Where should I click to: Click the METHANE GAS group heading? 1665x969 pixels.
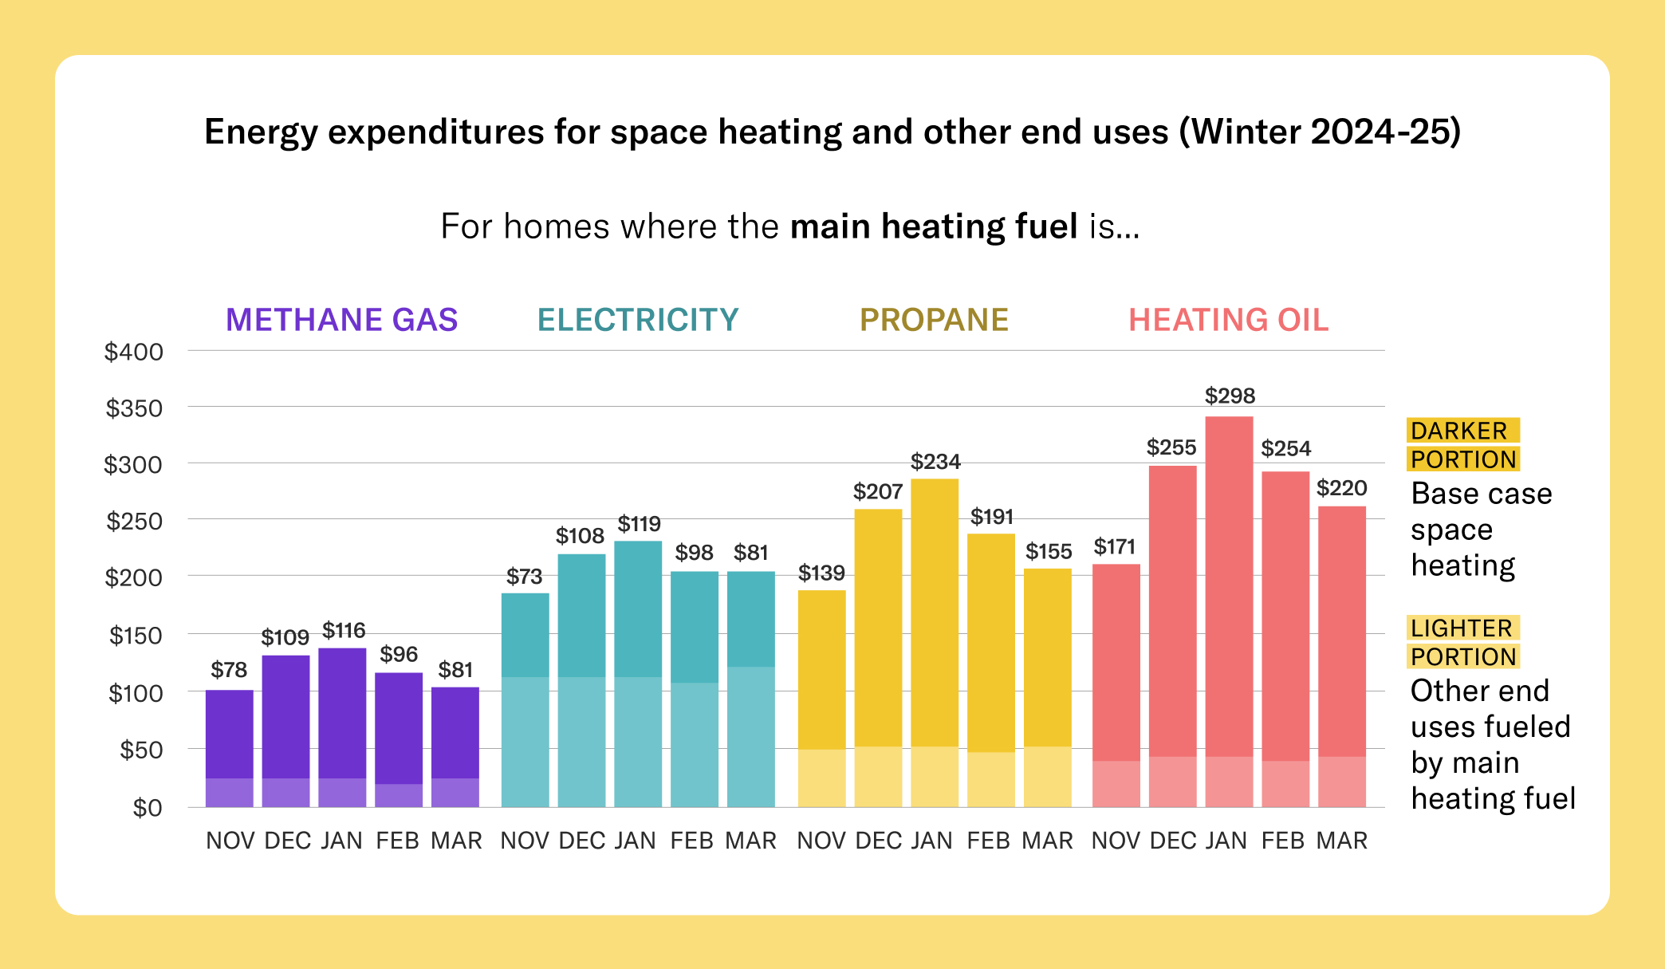(x=341, y=320)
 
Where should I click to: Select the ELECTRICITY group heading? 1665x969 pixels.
(x=638, y=320)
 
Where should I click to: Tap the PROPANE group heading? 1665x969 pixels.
(x=934, y=320)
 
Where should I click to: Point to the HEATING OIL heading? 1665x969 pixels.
(x=1228, y=320)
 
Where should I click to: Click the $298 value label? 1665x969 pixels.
(x=1230, y=396)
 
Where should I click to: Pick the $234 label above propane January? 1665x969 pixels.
(x=935, y=461)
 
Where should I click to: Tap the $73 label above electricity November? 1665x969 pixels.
(x=524, y=576)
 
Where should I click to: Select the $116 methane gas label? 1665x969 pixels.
(x=344, y=630)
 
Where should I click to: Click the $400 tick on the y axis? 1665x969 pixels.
(x=134, y=352)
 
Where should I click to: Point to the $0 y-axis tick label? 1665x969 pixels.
(x=147, y=808)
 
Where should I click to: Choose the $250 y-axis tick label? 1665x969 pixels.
(x=134, y=522)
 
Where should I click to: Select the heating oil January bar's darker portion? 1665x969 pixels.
(x=1229, y=586)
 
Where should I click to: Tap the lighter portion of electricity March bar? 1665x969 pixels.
(x=750, y=736)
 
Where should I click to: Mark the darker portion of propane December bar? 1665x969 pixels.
(x=878, y=627)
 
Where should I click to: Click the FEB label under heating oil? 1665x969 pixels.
(x=1283, y=841)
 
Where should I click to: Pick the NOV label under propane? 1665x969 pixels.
(x=821, y=841)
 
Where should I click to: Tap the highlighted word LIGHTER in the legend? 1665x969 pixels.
(x=1461, y=628)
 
